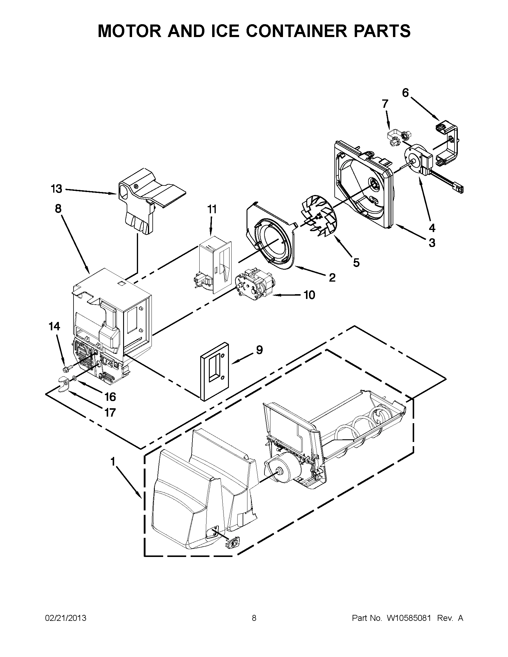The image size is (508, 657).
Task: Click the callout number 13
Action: coord(56,189)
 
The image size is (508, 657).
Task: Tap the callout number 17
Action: coord(110,412)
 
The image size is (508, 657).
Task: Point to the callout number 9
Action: coord(259,350)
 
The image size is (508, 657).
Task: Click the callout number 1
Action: coord(113,461)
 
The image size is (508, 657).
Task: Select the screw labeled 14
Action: coord(68,368)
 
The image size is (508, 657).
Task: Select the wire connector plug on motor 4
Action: coord(460,189)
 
